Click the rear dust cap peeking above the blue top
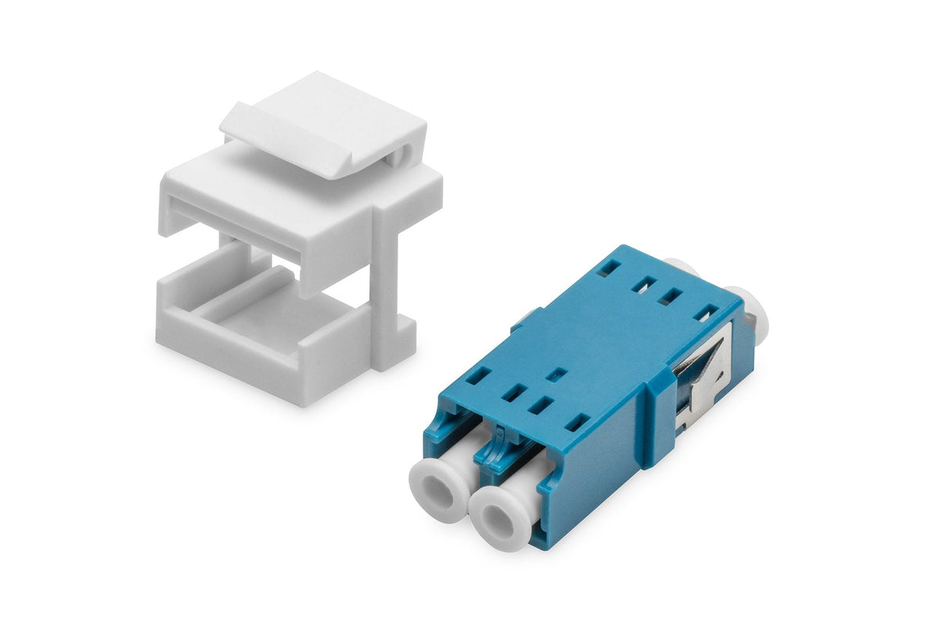678,266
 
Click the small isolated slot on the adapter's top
556,374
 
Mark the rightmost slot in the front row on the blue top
578,423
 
